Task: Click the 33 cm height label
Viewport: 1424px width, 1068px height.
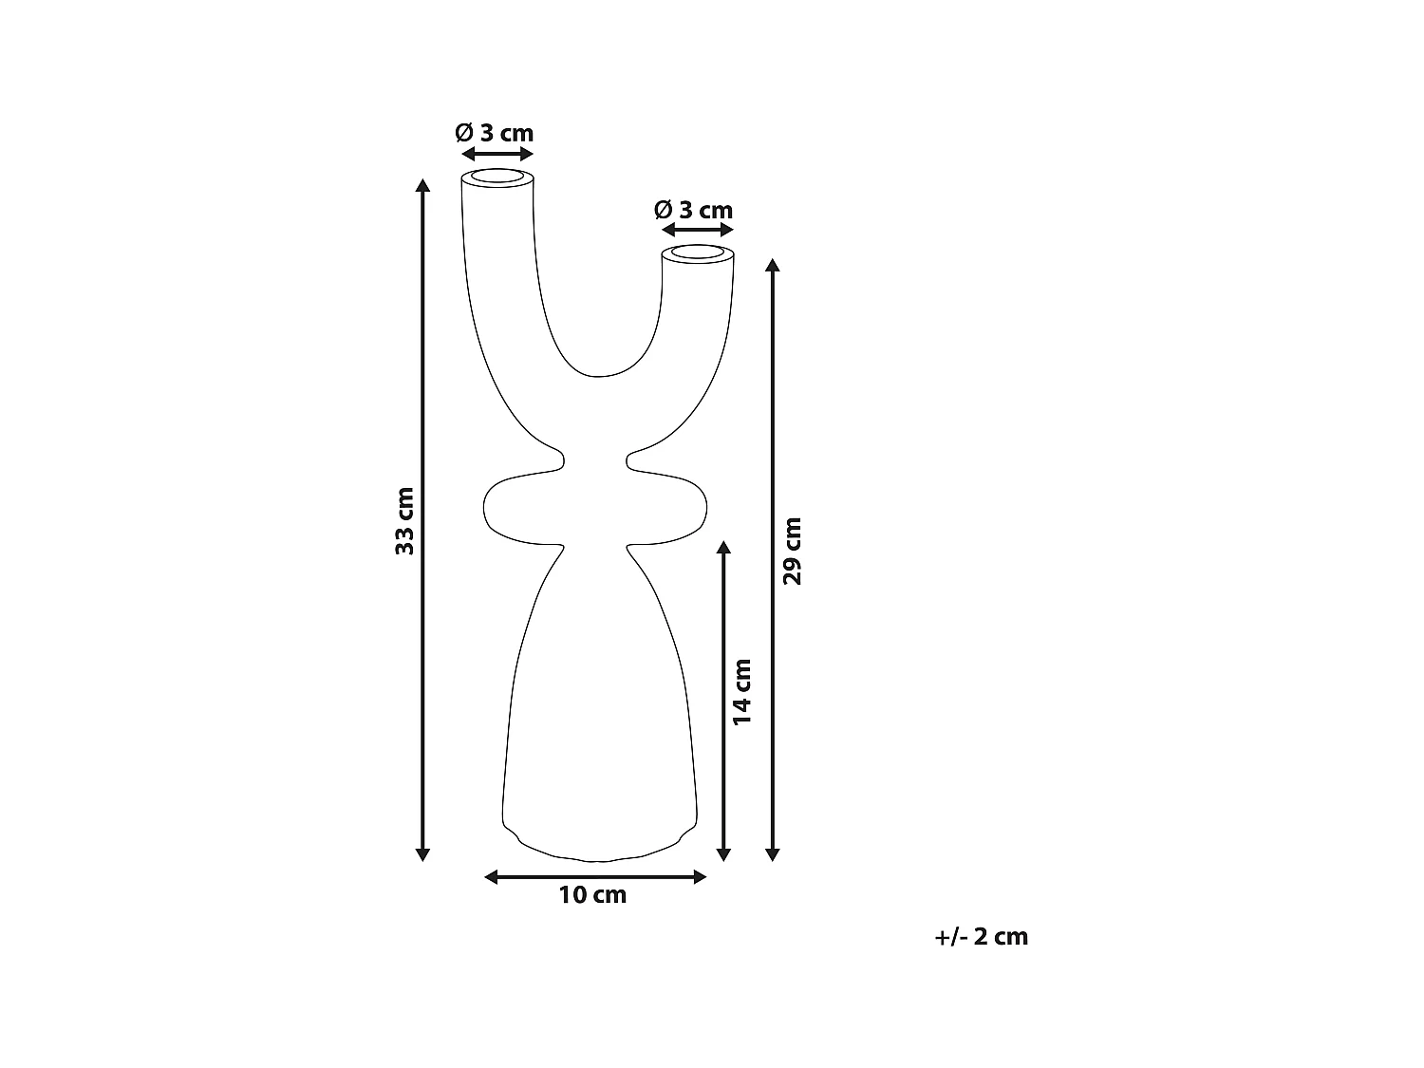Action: pyautogui.click(x=405, y=520)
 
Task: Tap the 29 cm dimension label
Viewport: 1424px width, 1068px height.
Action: pyautogui.click(x=791, y=551)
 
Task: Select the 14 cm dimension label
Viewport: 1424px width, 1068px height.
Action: pyautogui.click(x=742, y=692)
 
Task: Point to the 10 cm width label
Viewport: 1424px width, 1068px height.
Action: pyautogui.click(x=592, y=894)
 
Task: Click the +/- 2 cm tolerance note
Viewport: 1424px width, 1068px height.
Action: pyautogui.click(x=981, y=937)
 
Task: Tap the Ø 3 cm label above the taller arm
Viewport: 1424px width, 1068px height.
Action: pyautogui.click(x=494, y=133)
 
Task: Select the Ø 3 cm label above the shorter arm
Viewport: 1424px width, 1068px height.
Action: pyautogui.click(x=694, y=210)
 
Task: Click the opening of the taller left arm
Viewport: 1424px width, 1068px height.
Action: pyautogui.click(x=497, y=178)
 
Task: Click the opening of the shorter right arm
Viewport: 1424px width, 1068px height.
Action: pyautogui.click(x=698, y=254)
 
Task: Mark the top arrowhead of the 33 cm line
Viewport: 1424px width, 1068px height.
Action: pyautogui.click(x=423, y=183)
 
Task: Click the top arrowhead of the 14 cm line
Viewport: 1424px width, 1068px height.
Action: pyautogui.click(x=724, y=548)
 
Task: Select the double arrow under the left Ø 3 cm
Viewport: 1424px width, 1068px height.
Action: pyautogui.click(x=497, y=154)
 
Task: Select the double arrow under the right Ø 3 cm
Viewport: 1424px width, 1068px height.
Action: pyautogui.click(x=697, y=231)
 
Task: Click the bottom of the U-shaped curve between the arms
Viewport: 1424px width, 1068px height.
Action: pyautogui.click(x=598, y=375)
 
